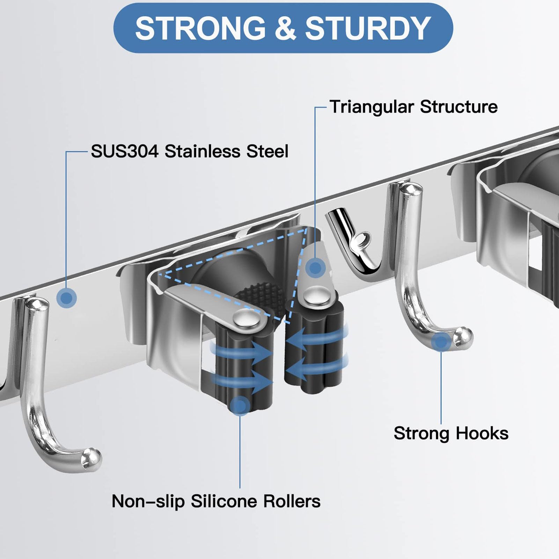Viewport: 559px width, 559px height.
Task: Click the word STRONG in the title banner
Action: point(200,28)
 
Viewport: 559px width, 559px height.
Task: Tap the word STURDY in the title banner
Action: point(368,28)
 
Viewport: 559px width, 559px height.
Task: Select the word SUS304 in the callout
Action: point(125,152)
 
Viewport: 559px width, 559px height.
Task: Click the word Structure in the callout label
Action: point(459,107)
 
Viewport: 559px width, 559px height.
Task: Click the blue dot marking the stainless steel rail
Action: point(66,298)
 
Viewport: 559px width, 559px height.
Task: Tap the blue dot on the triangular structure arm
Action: point(315,268)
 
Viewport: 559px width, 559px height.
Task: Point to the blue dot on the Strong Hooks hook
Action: point(441,342)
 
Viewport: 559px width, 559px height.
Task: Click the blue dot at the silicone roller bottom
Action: point(240,406)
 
